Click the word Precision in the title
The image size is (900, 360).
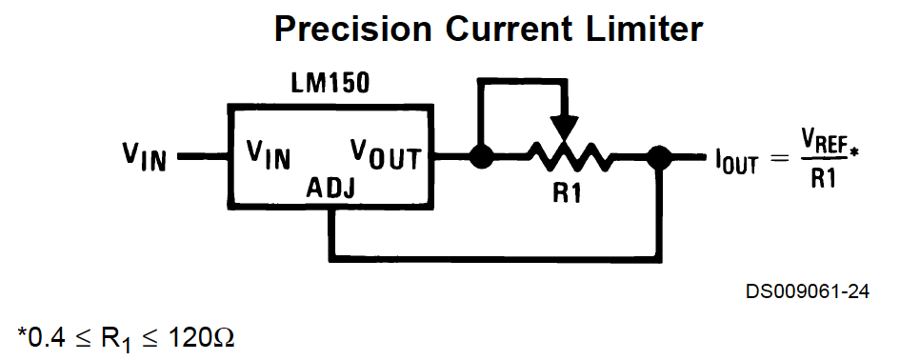coord(352,29)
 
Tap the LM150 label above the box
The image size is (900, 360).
coord(330,84)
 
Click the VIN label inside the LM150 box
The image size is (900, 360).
coord(268,154)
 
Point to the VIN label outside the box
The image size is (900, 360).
coord(144,156)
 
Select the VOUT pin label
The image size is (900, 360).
coord(386,154)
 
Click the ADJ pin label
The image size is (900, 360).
coord(330,188)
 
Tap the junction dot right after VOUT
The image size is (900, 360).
coord(481,157)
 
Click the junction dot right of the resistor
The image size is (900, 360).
coord(659,157)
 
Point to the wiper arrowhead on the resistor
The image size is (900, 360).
coord(564,128)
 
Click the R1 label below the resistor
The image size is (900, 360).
coord(567,193)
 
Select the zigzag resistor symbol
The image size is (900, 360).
coord(569,157)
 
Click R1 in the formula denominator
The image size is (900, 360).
coord(823,180)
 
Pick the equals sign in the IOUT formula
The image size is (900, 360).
coord(779,157)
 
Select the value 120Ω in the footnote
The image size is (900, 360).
coord(201,337)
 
